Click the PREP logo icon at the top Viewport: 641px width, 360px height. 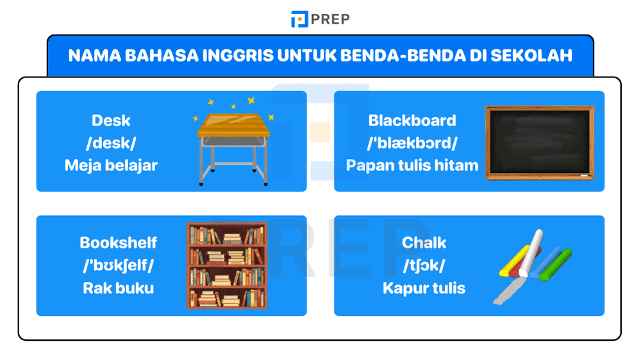point(299,19)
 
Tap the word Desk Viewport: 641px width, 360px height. point(111,120)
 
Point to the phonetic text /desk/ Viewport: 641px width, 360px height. point(111,143)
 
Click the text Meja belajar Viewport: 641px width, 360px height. point(111,165)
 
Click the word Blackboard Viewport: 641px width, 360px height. point(412,120)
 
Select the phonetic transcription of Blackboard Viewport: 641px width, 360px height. point(412,143)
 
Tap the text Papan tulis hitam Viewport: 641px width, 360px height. point(412,165)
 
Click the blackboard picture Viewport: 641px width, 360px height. point(540,142)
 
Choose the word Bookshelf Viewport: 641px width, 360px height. point(118,243)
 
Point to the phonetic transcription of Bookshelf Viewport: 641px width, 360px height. point(118,265)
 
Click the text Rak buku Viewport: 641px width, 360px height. point(118,288)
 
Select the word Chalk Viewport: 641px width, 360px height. point(424,243)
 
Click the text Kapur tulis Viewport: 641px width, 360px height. point(424,288)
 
